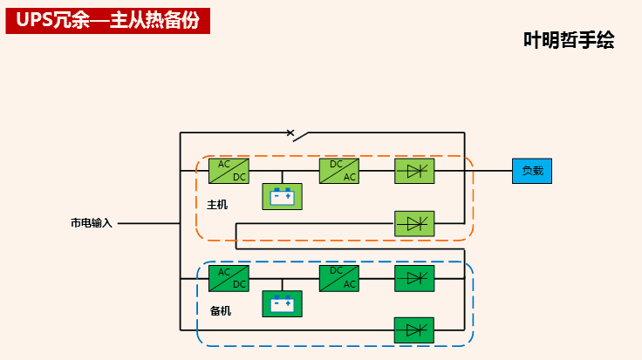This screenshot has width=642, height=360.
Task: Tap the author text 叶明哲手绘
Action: [x=569, y=40]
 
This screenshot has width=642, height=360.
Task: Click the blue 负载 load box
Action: [x=532, y=171]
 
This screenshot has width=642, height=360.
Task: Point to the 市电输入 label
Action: [x=92, y=223]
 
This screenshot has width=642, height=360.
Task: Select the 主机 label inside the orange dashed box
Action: [x=217, y=205]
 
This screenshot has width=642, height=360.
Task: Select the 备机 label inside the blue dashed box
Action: [x=221, y=310]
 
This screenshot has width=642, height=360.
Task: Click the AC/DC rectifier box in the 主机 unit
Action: [x=229, y=171]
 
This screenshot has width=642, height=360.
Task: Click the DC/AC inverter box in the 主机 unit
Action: [x=338, y=171]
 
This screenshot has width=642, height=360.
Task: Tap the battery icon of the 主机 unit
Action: [x=282, y=196]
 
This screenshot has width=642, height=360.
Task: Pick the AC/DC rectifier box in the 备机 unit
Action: [x=229, y=278]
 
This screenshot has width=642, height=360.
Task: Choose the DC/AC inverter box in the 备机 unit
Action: [x=338, y=278]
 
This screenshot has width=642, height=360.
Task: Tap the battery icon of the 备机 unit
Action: [x=282, y=303]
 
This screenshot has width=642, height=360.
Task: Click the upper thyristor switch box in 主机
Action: [x=414, y=171]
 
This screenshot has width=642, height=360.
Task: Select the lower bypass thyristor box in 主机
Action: [x=414, y=223]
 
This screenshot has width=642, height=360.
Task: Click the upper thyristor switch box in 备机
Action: [x=414, y=278]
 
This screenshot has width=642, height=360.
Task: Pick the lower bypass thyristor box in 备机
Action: [x=414, y=330]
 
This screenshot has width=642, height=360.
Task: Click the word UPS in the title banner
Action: [x=33, y=22]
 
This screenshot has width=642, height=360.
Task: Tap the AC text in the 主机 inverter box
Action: [x=349, y=177]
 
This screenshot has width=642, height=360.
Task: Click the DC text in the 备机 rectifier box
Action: [x=239, y=284]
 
